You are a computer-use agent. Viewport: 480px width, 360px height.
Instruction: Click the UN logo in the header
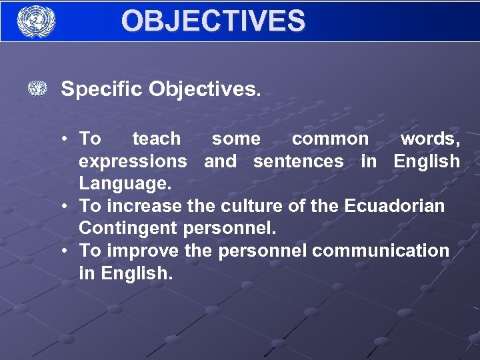coord(36,21)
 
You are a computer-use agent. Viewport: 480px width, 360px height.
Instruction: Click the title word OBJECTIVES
coord(213,21)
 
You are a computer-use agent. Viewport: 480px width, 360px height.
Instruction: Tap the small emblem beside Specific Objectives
coord(38,89)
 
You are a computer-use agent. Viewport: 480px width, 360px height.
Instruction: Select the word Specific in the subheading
coord(101,89)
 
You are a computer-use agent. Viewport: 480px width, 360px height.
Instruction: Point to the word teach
coord(157,139)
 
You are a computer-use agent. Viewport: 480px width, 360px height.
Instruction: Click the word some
coord(236,139)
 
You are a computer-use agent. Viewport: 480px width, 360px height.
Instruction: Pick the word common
coord(330,139)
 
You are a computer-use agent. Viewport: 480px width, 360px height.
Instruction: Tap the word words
coord(429,139)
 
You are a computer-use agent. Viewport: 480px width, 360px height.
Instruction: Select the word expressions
coord(133,161)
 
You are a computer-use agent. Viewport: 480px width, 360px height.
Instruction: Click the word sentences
coord(299,161)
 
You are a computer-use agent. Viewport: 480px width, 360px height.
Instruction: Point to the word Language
coord(123,183)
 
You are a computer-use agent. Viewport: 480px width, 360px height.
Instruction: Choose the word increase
coord(143,206)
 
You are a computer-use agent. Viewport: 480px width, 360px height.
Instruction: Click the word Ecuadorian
coord(395,206)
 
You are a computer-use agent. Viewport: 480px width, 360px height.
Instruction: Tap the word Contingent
coord(127,229)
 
